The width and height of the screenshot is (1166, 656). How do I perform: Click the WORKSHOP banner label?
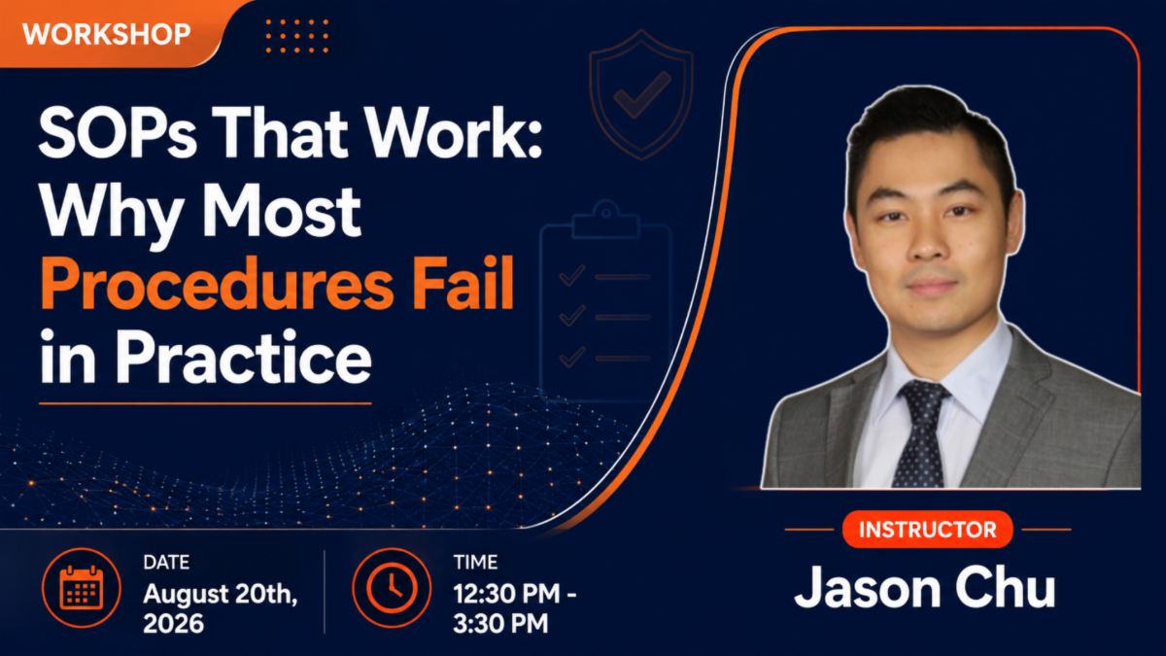pos(106,34)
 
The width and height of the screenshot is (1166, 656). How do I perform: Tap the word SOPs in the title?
pos(118,132)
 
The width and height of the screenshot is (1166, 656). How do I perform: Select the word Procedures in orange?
pos(217,284)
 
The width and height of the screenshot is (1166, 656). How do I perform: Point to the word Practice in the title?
pos(243,358)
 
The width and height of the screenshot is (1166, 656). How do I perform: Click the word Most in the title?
pos(282,211)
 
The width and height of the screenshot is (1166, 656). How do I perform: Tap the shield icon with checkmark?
pos(641,93)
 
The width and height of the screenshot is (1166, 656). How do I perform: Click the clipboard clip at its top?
pos(605,220)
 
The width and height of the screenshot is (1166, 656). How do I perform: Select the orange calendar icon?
pos(82,588)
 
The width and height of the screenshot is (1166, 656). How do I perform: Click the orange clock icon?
pos(392,588)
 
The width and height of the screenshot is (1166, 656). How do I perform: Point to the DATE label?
pos(166,563)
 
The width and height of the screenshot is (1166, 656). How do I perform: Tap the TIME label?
pos(475,563)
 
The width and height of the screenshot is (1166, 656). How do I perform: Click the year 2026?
pos(173,623)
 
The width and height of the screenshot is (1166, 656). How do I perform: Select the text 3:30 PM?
pos(500,623)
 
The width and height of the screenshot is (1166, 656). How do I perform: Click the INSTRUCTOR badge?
pos(928,530)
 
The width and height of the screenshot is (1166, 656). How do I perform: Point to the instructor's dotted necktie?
pos(922,433)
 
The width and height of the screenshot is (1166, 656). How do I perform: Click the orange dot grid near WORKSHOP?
pos(296,36)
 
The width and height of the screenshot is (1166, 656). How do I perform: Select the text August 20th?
pos(221,594)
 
